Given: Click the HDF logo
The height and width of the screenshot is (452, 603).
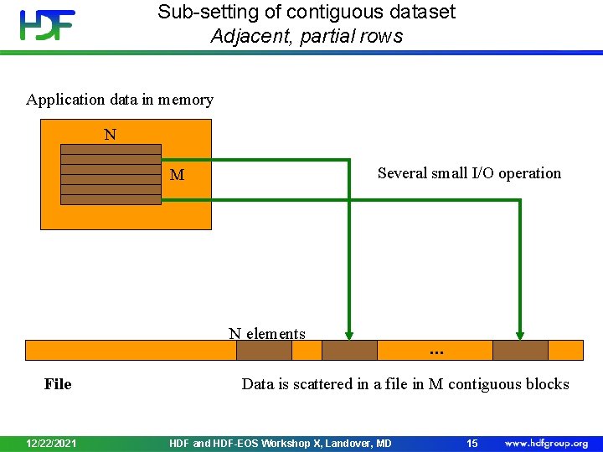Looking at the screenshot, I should point(48,24).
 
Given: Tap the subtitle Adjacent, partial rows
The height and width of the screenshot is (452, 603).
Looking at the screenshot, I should point(307,36).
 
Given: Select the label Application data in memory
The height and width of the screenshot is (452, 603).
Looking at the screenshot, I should point(120,100).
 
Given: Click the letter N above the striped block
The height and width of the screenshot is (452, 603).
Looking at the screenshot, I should point(110,134).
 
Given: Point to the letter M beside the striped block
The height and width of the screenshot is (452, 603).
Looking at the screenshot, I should point(177,175).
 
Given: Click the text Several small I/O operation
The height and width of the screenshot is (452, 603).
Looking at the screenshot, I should point(469,173).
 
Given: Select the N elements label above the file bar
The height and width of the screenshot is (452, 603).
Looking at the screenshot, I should point(267,333).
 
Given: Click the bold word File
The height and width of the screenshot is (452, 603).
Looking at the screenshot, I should point(58,384).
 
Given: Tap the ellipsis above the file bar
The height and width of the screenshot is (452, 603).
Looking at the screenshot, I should point(436,352).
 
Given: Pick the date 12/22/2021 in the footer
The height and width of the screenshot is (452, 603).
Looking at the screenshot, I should point(51,443).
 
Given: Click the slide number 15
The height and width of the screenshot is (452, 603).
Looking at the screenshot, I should point(472,443).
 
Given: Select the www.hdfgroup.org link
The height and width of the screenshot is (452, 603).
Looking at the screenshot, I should point(546,443).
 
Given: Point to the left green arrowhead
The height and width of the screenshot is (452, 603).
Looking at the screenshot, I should point(350,332).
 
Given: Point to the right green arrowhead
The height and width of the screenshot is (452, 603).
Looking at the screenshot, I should point(520,332).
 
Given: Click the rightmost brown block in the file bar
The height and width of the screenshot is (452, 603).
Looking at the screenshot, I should point(520,350).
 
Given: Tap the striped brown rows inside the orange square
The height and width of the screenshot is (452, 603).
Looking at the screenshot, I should point(111,174).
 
